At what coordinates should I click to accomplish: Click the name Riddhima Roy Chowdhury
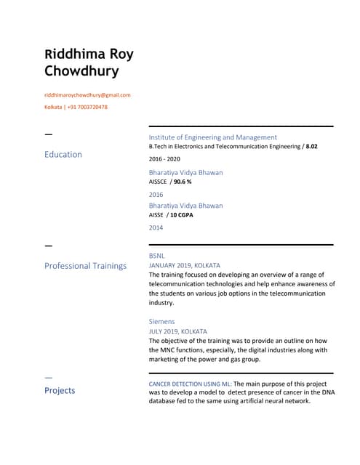pyautogui.click(x=89, y=62)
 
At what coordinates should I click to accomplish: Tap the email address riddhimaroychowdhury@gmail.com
pyautogui.click(x=87, y=95)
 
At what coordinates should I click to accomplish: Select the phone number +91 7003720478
pyautogui.click(x=88, y=107)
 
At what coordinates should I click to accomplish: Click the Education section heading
pyautogui.click(x=63, y=155)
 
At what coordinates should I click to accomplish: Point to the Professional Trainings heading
pyautogui.click(x=85, y=266)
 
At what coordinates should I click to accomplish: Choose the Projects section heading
pyautogui.click(x=60, y=390)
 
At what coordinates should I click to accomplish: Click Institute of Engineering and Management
pyautogui.click(x=212, y=137)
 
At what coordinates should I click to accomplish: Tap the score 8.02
pyautogui.click(x=311, y=147)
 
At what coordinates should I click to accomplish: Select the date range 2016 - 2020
pyautogui.click(x=164, y=158)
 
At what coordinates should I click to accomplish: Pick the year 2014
pyautogui.click(x=156, y=227)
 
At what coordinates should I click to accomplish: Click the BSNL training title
pyautogui.click(x=157, y=256)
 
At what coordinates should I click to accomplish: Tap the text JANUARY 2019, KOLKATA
pyautogui.click(x=184, y=266)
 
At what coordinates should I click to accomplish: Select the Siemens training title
pyautogui.click(x=161, y=321)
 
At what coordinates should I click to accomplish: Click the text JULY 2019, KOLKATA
pyautogui.click(x=177, y=331)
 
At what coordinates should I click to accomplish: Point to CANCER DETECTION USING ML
pyautogui.click(x=190, y=383)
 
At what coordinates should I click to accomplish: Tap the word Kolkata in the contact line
pyautogui.click(x=53, y=107)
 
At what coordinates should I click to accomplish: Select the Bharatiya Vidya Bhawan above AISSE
pyautogui.click(x=185, y=206)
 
